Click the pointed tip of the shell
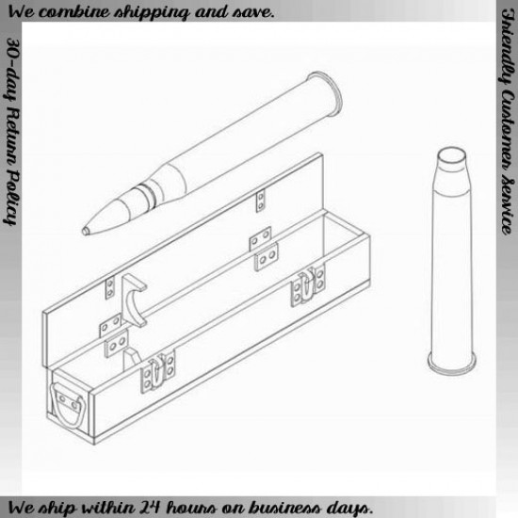coord(85,231)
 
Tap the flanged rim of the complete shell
coord(325,93)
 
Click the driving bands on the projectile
coord(146,195)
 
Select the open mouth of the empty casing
coord(451,156)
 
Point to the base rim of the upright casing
coord(452,364)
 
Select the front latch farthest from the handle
coord(308,285)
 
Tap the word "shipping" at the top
coord(152,13)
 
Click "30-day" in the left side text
coord(12,70)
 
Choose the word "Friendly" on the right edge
coord(507,47)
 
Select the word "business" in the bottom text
coord(288,507)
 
